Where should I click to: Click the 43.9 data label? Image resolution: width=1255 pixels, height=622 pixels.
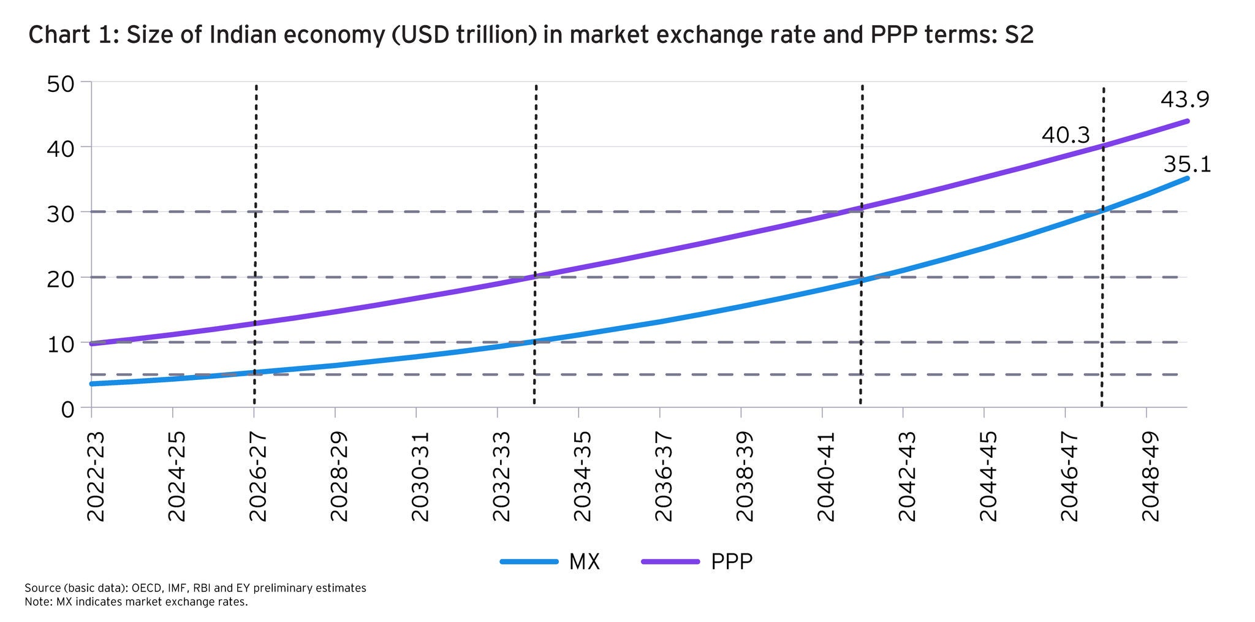click(1185, 100)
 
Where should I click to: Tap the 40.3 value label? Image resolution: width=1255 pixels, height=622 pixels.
click(1066, 135)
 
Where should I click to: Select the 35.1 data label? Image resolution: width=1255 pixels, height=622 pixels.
click(1187, 165)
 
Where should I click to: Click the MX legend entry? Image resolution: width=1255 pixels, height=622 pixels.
click(584, 561)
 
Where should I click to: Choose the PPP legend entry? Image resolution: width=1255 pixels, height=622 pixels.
click(732, 561)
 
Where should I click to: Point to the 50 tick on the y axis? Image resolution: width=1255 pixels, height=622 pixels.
click(61, 83)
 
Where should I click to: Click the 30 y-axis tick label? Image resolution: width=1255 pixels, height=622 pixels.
click(61, 213)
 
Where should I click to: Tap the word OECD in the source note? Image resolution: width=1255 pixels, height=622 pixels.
click(145, 588)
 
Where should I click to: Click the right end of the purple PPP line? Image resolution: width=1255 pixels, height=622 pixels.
click(1187, 121)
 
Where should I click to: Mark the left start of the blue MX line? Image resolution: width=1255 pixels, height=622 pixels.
click(92, 384)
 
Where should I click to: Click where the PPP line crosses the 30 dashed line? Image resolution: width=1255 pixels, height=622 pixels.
click(846, 211)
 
